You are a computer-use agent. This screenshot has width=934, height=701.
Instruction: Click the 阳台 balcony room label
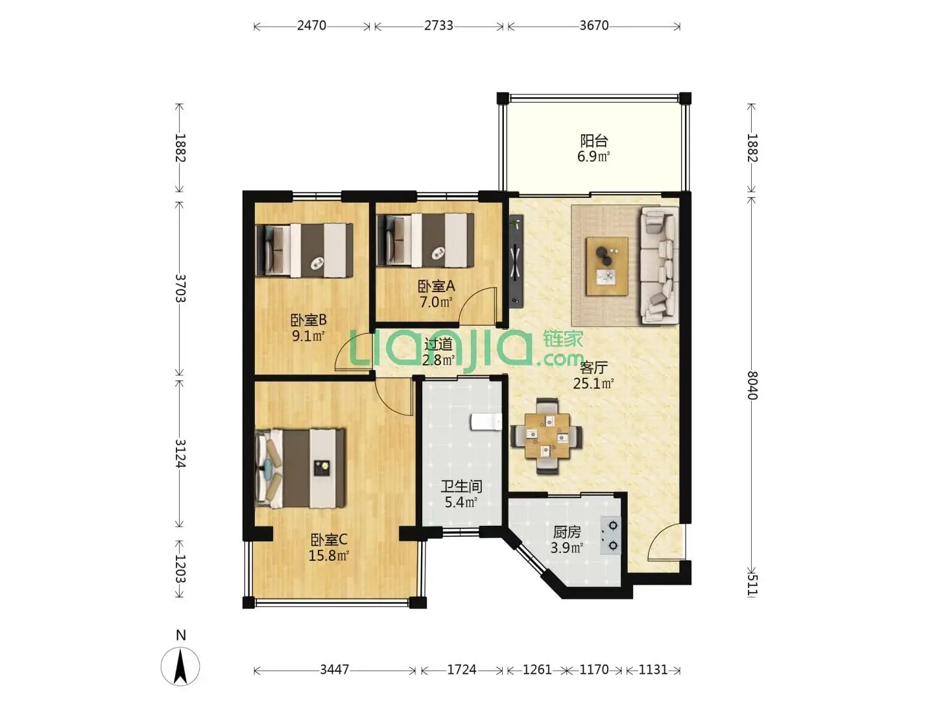(x=593, y=140)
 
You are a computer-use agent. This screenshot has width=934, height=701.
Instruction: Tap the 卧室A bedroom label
(x=436, y=286)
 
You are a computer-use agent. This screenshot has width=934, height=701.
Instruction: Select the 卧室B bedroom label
(x=308, y=319)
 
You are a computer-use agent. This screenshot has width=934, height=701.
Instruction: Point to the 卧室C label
(x=329, y=540)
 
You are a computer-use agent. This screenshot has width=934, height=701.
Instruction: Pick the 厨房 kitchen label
(x=567, y=532)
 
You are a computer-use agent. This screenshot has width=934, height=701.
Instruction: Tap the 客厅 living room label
(x=593, y=367)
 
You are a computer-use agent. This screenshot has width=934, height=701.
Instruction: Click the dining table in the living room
(x=547, y=436)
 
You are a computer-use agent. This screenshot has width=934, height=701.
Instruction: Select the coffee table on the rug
(x=607, y=266)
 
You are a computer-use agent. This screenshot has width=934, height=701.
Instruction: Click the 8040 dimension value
(x=752, y=385)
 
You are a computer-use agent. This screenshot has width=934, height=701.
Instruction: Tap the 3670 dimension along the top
(x=593, y=25)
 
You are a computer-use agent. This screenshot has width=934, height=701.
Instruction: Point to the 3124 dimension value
(x=180, y=454)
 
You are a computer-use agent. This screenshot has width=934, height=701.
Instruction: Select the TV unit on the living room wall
(x=516, y=260)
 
